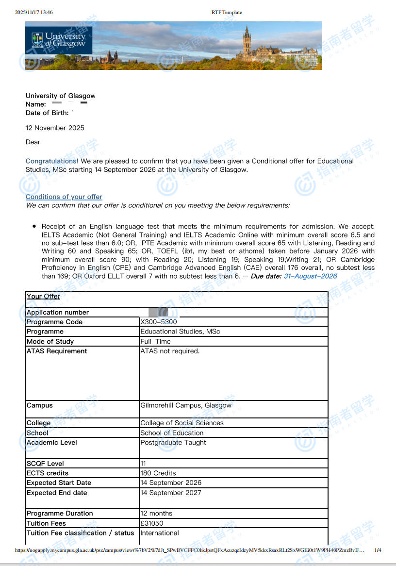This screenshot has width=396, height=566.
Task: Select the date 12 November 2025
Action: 55,128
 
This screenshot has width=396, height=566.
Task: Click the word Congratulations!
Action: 52,161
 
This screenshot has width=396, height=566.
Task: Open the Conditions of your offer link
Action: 64,197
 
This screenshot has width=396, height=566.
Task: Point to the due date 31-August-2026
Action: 310,276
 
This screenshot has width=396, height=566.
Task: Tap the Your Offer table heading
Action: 44,297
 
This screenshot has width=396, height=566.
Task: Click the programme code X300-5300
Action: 159,322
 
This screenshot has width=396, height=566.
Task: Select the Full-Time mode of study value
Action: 154,341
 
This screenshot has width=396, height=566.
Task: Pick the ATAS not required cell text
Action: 170,351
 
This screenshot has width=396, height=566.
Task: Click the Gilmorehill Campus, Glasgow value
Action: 186,405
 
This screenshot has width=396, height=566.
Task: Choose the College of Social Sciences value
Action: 182,423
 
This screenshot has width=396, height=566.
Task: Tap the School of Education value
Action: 172,433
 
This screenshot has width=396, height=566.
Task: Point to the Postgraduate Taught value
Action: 173,443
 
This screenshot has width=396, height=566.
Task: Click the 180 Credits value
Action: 158,473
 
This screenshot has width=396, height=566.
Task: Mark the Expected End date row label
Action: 57,493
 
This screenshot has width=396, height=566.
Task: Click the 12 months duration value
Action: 156,513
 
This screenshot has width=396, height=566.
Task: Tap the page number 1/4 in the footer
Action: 378,550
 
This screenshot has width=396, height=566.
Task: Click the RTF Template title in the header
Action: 227,12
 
